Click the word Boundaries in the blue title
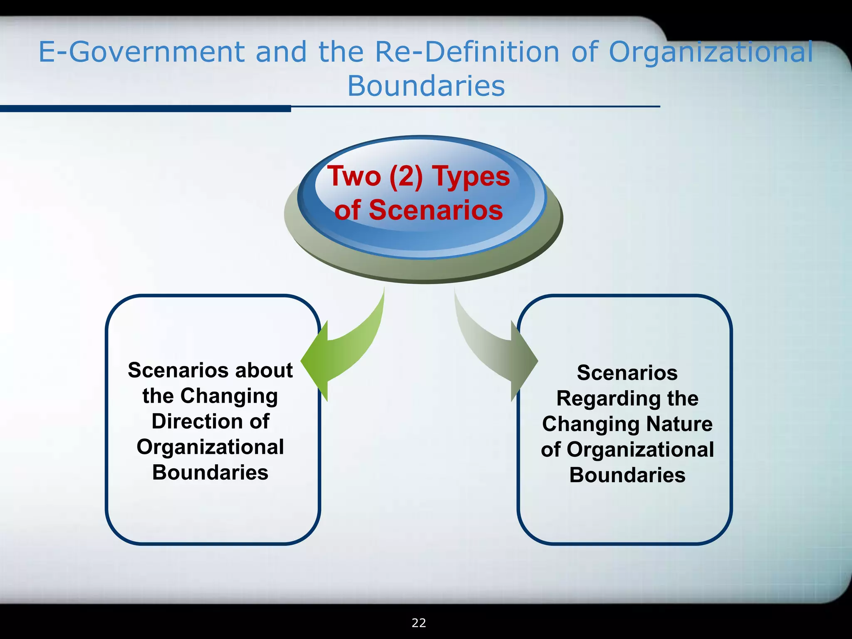[x=426, y=87]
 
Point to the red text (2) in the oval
[x=406, y=176]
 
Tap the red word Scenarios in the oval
[x=436, y=210]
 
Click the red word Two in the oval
[x=354, y=176]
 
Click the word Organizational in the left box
[x=210, y=447]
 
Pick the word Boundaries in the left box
[x=210, y=473]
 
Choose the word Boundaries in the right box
[x=627, y=476]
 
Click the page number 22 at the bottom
[x=419, y=623]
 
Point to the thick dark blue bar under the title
[x=146, y=109]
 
